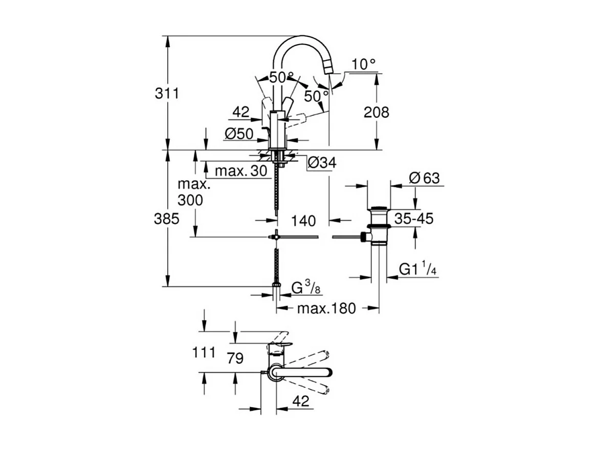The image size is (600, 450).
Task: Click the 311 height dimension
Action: (x=167, y=94)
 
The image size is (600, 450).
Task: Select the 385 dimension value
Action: (x=167, y=219)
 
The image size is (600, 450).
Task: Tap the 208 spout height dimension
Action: (x=376, y=112)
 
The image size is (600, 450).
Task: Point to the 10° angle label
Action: (x=364, y=65)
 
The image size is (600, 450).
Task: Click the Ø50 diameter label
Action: (x=239, y=134)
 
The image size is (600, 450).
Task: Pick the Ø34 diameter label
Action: (x=322, y=163)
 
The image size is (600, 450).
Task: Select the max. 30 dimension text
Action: (x=241, y=171)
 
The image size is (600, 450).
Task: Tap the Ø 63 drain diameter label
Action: (x=424, y=179)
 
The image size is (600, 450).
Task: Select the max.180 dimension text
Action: (x=326, y=308)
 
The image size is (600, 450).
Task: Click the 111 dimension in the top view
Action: (x=203, y=353)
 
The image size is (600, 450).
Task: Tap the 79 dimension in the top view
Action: (x=234, y=358)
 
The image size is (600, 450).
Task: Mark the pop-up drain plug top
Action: (x=379, y=209)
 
